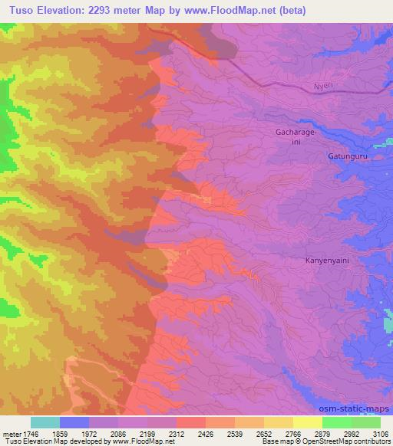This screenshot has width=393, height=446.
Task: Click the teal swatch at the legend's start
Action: click(45, 421)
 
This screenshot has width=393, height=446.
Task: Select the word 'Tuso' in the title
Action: click(22, 10)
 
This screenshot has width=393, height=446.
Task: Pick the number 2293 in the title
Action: click(118, 10)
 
